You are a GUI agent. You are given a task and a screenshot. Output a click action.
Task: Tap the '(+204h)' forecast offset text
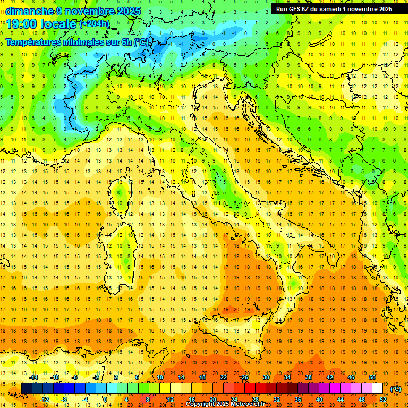pos(95,23)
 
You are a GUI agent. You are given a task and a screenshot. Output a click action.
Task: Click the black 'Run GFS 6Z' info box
pos(334,8)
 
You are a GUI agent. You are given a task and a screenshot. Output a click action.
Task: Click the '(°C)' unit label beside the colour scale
pos(395,389)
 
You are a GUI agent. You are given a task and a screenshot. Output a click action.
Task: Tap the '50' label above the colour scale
pos(372,377)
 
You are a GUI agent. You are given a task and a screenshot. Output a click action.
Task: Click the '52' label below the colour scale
pos(383,399)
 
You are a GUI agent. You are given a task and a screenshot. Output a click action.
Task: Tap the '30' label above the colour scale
pos(266,377)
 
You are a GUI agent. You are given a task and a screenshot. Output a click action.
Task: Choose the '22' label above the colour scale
pos(224,377)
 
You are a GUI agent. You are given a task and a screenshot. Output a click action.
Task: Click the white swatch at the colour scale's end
pos(378,388)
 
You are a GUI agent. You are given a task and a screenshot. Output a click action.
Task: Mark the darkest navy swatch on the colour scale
pos(27,388)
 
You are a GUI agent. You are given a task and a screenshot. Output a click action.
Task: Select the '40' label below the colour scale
pos(319,399)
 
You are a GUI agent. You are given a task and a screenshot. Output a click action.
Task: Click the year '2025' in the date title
pos(127,11)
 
